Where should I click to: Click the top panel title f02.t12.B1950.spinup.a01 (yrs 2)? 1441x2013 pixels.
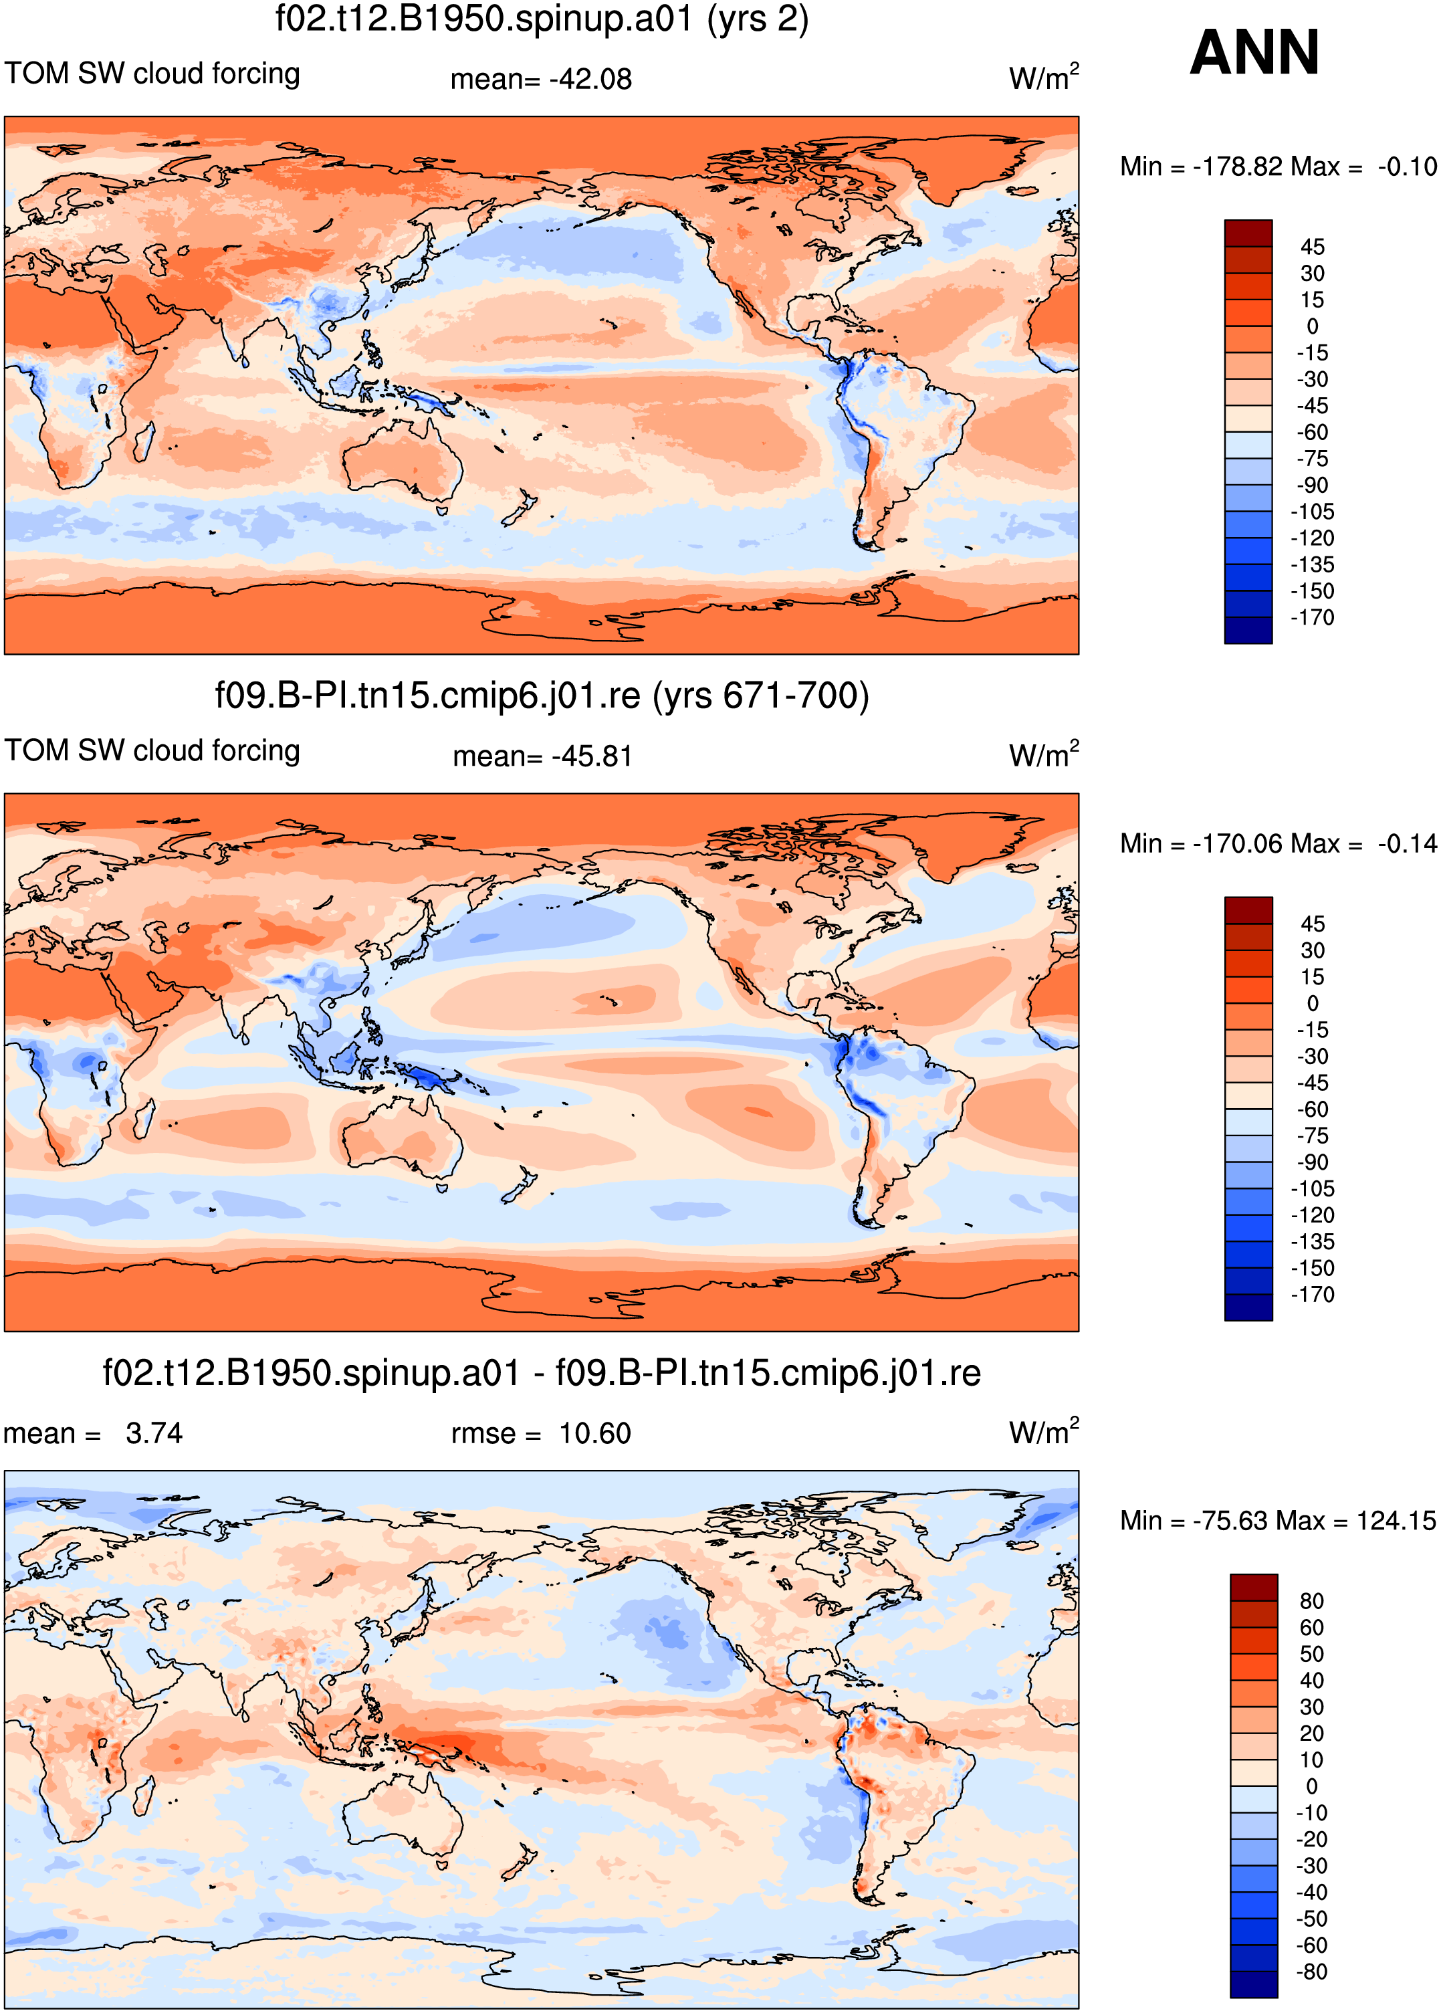[x=542, y=19]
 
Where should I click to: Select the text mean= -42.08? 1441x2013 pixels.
[x=541, y=79]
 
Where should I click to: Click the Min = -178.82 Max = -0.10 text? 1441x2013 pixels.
[x=1278, y=166]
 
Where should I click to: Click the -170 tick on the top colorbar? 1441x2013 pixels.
[x=1313, y=617]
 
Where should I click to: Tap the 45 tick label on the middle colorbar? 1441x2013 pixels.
[x=1313, y=924]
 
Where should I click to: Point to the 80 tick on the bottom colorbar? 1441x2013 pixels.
[x=1311, y=1600]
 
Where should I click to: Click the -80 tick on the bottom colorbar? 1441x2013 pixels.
[x=1311, y=1972]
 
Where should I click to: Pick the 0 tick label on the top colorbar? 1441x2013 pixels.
[x=1313, y=326]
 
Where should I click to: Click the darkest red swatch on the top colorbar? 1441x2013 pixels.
[x=1248, y=233]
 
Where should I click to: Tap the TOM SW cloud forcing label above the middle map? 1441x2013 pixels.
[x=152, y=750]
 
